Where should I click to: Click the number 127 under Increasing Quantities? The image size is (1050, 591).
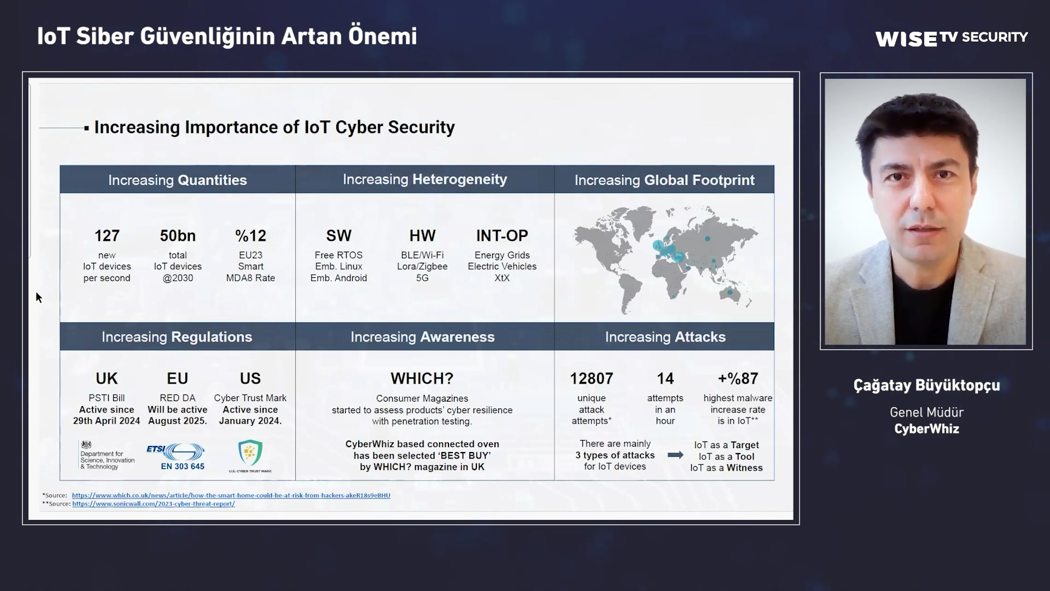click(x=107, y=236)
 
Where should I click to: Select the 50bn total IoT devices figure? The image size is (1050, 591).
click(x=178, y=236)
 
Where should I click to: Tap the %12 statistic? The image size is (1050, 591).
click(x=250, y=236)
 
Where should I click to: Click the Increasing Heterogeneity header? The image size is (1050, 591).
click(x=425, y=179)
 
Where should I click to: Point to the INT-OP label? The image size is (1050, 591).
click(x=502, y=236)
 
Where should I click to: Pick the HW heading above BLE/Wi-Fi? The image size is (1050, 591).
click(x=422, y=236)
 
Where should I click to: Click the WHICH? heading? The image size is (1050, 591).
click(x=422, y=379)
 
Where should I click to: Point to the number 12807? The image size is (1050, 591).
click(x=591, y=379)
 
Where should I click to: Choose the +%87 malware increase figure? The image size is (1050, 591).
click(x=738, y=379)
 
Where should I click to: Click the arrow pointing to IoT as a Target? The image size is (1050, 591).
click(x=675, y=455)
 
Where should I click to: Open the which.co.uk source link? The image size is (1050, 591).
click(x=231, y=495)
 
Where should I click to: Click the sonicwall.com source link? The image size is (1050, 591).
click(x=153, y=504)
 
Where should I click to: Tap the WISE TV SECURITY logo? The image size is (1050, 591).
click(x=951, y=38)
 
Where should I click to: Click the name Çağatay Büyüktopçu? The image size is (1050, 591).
click(x=926, y=385)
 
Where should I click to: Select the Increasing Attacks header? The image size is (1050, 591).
click(x=665, y=337)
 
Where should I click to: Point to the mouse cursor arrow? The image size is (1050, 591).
click(x=39, y=298)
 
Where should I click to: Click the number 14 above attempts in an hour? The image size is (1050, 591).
click(x=665, y=379)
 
